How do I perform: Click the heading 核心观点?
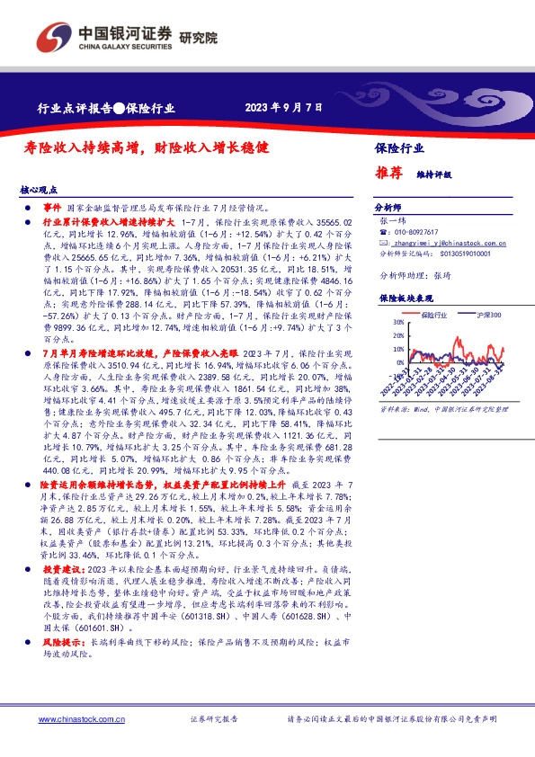[39, 191]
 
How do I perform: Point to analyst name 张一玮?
[394, 219]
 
